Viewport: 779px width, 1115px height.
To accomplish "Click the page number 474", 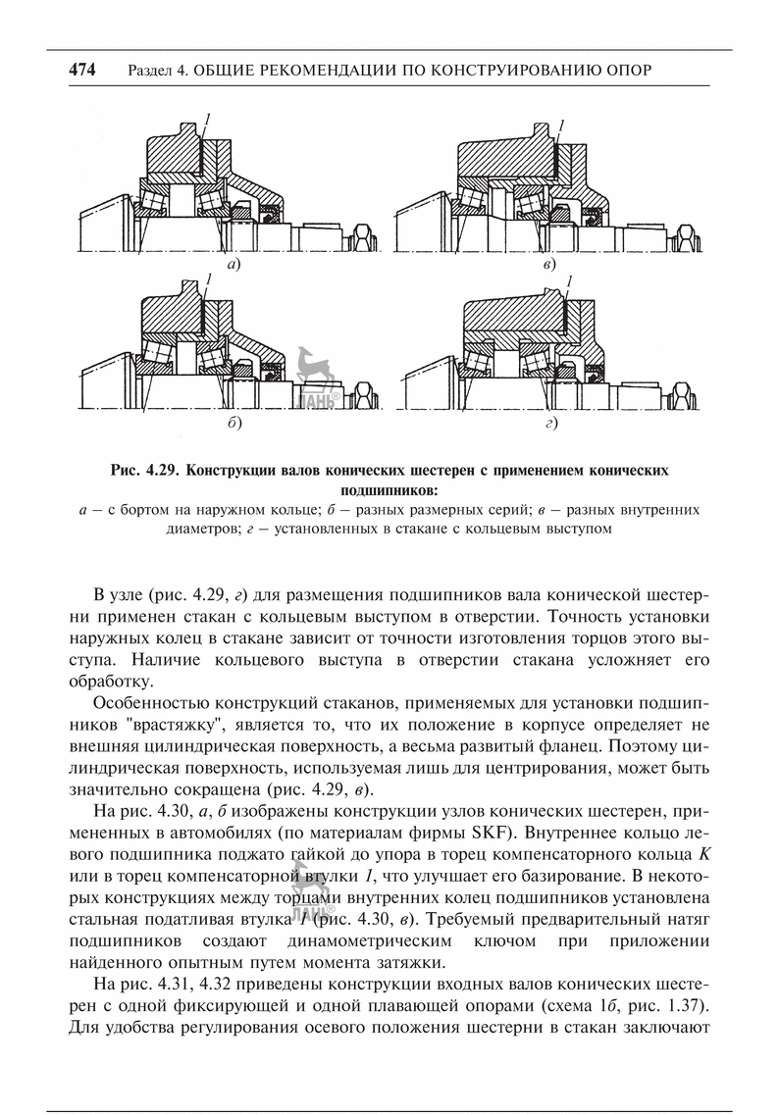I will point(81,70).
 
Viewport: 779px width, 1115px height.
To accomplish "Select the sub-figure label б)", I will point(234,424).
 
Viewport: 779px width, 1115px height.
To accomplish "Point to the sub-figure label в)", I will point(548,265).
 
